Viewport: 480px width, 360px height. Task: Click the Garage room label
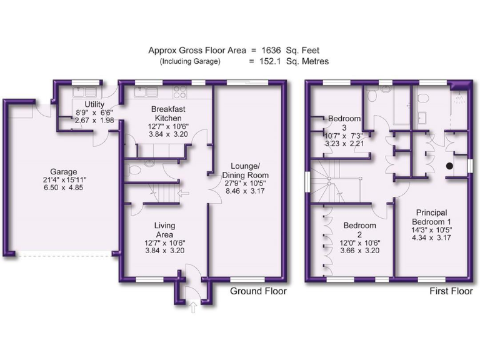[x=64, y=172]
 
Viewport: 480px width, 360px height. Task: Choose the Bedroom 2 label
[x=359, y=230]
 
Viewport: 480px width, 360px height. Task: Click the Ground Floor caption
[x=258, y=291]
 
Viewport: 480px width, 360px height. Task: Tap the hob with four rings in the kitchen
[x=180, y=92]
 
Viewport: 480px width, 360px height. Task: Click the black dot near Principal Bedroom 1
[x=449, y=166]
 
